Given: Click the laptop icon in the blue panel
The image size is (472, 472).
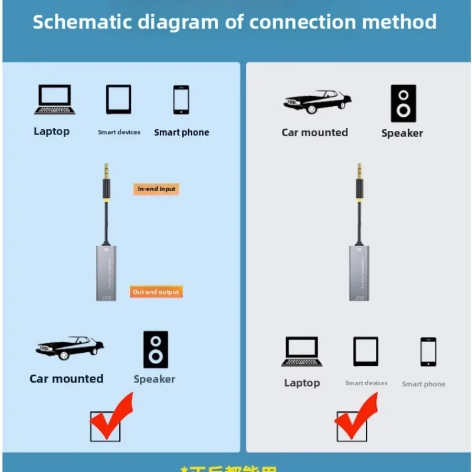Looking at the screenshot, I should [x=54, y=99].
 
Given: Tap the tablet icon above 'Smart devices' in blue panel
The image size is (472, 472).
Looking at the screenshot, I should [x=119, y=99].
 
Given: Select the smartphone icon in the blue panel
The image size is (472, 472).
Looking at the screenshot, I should [x=181, y=100].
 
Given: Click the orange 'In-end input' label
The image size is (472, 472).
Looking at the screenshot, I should [x=156, y=189].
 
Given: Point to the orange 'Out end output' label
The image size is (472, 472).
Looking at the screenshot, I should [x=156, y=292].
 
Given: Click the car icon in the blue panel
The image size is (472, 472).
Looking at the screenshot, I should [x=70, y=348].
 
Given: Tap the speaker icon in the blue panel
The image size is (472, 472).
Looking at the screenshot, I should [x=156, y=349].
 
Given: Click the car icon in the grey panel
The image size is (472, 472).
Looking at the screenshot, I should [x=317, y=101].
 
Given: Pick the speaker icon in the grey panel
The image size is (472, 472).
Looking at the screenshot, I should [x=403, y=103].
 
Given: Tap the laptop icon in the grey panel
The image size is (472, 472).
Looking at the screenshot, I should [x=301, y=352].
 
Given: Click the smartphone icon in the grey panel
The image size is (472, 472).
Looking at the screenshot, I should [x=428, y=352].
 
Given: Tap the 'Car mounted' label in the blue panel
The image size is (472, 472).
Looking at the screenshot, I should [x=66, y=379].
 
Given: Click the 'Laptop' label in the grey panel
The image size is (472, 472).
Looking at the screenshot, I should [x=301, y=383].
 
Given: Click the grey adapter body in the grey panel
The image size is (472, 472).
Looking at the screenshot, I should [x=359, y=273].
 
